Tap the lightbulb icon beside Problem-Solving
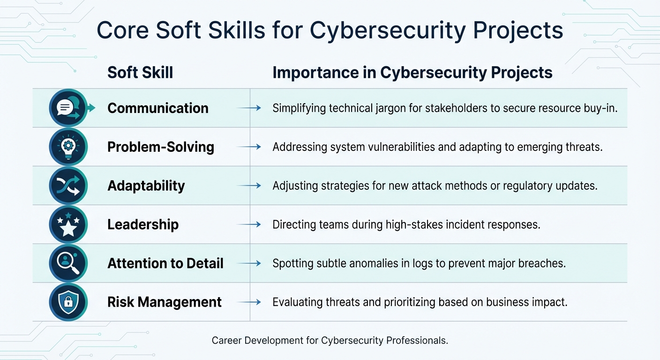pos(68,147)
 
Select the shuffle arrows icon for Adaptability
pos(68,186)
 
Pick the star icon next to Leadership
pos(68,225)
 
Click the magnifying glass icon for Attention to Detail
pos(68,263)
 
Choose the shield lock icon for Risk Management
pos(68,302)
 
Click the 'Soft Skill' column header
pos(140,73)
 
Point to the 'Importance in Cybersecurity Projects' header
pos(412,73)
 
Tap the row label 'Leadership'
pos(143,225)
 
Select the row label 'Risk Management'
pos(165,302)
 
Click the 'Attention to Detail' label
pos(165,263)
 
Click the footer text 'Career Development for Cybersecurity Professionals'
pos(330,341)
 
